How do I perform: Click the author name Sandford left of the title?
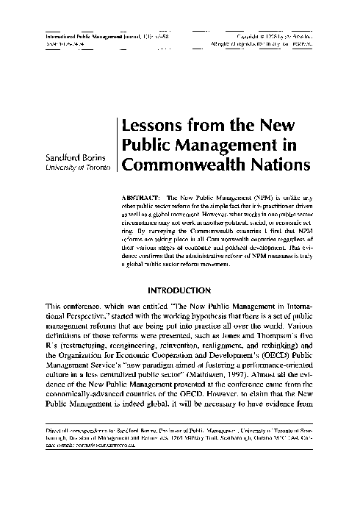pyautogui.click(x=51, y=157)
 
